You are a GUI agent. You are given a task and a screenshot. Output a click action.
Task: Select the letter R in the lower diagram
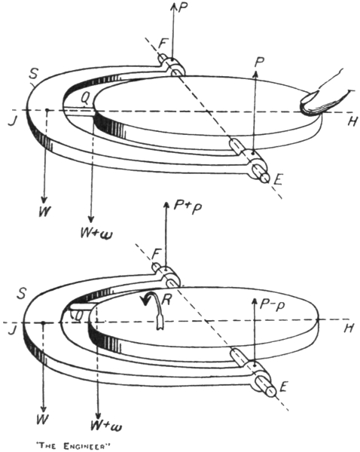167,300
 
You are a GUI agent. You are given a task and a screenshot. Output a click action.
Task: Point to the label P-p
272,304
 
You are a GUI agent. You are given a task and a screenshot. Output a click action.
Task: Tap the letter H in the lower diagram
349,328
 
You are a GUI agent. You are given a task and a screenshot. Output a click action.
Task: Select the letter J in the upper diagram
12,121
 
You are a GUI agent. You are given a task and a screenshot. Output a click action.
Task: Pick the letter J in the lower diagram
12,329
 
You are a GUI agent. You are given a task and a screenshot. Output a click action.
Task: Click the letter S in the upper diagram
33,74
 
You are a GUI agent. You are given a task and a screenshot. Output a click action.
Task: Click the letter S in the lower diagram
21,293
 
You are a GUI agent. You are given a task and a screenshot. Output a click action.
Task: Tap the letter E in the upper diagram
277,180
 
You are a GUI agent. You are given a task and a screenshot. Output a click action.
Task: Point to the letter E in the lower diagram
283,386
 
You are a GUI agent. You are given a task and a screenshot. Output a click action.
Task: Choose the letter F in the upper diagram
163,44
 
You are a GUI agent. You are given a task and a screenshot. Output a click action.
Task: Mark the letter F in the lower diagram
156,255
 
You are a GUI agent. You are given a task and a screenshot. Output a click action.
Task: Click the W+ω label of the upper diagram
96,232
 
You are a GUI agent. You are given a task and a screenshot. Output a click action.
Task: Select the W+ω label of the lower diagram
105,425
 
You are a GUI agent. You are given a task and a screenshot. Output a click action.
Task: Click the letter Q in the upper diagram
85,99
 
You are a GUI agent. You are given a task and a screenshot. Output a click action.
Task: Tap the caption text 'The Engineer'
73,446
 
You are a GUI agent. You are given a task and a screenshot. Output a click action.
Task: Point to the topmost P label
183,8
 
